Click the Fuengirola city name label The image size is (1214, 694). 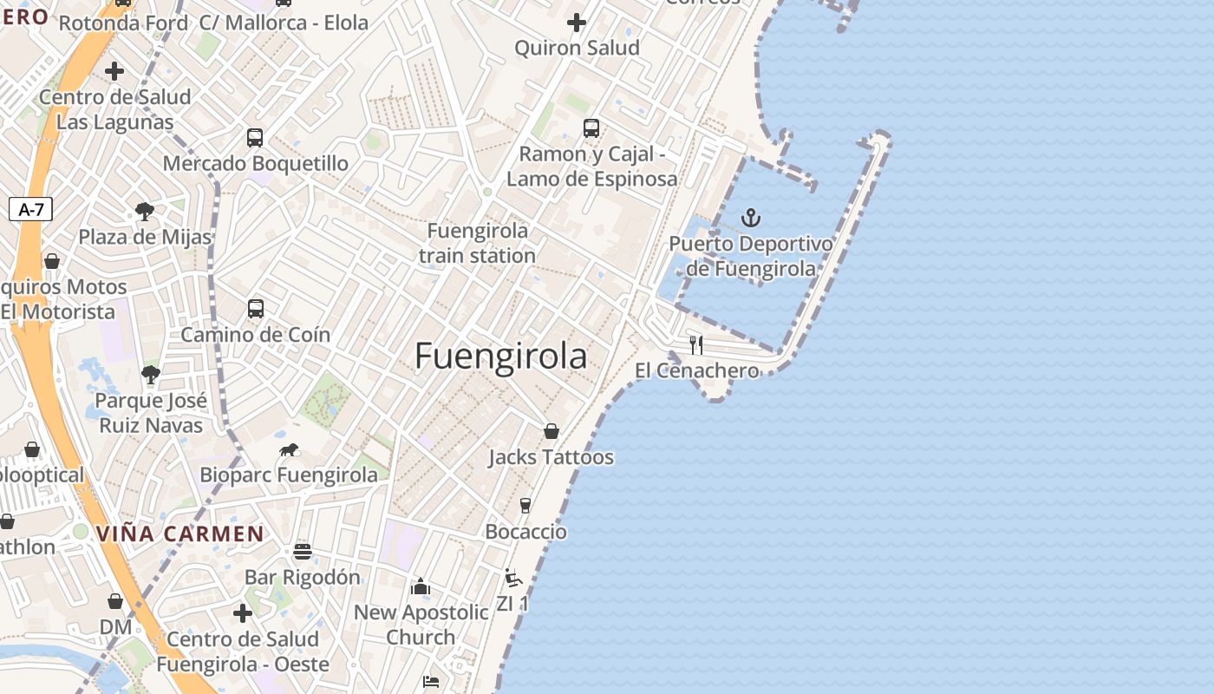(500, 357)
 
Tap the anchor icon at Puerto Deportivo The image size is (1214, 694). (751, 218)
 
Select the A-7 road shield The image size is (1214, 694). (30, 209)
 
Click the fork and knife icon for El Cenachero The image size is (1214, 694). (695, 345)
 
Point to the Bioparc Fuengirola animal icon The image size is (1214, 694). (289, 449)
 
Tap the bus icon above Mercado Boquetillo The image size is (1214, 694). (255, 137)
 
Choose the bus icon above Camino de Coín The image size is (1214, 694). (256, 308)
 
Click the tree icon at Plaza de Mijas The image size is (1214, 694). (145, 211)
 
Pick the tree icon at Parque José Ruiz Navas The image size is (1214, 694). (151, 374)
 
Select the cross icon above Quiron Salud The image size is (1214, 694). (577, 22)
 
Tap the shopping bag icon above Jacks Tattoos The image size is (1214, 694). (551, 431)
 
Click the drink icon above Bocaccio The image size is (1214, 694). (525, 505)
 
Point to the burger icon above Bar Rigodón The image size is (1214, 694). (302, 551)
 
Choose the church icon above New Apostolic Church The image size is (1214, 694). (421, 586)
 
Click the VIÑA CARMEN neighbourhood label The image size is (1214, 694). (180, 534)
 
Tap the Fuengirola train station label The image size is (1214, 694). (478, 243)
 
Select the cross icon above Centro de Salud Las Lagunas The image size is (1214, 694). (114, 70)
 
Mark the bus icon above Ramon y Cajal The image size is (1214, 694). (591, 128)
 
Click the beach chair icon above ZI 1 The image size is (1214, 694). (512, 577)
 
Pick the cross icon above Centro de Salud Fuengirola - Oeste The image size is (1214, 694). (243, 613)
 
